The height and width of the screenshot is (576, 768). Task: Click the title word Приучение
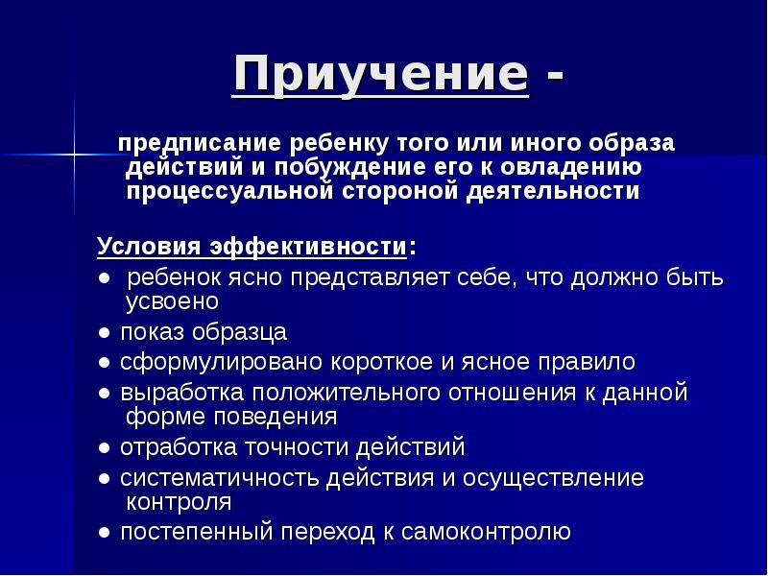[381, 74]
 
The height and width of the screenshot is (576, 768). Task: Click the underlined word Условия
[146, 248]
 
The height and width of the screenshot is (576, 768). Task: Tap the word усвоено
[173, 301]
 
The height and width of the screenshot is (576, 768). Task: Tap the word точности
[299, 447]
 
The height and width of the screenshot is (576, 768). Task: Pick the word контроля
[179, 502]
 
